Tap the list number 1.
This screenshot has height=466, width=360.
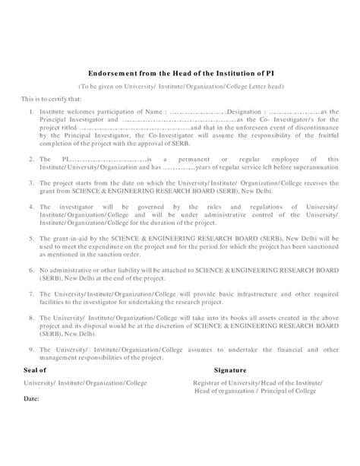[30, 111]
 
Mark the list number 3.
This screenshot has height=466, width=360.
[30, 183]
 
